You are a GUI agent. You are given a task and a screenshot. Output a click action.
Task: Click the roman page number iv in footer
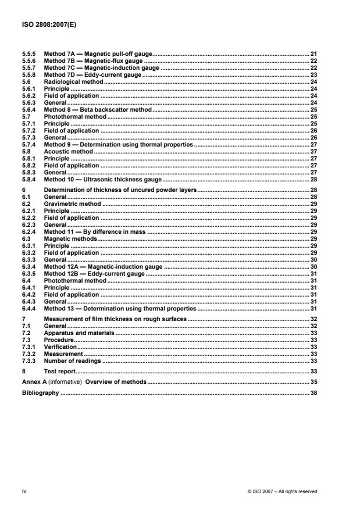coord(24,491)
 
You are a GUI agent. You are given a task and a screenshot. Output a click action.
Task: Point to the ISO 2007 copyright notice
coord(282,491)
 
